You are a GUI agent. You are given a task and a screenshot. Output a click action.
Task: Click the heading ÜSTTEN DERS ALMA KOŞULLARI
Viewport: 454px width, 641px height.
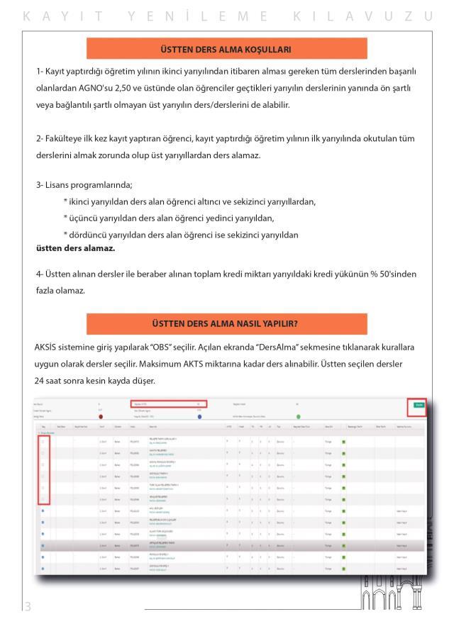tap(227, 49)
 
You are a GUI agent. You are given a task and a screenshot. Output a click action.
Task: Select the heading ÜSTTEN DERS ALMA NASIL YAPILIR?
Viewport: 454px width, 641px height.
tap(227, 323)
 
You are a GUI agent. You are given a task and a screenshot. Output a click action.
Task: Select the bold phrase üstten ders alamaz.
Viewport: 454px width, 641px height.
tap(75, 249)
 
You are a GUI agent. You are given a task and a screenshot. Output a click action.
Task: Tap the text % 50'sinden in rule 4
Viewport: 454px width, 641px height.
tap(396, 274)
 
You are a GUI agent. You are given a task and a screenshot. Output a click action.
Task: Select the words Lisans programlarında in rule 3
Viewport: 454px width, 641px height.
tap(84, 185)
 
